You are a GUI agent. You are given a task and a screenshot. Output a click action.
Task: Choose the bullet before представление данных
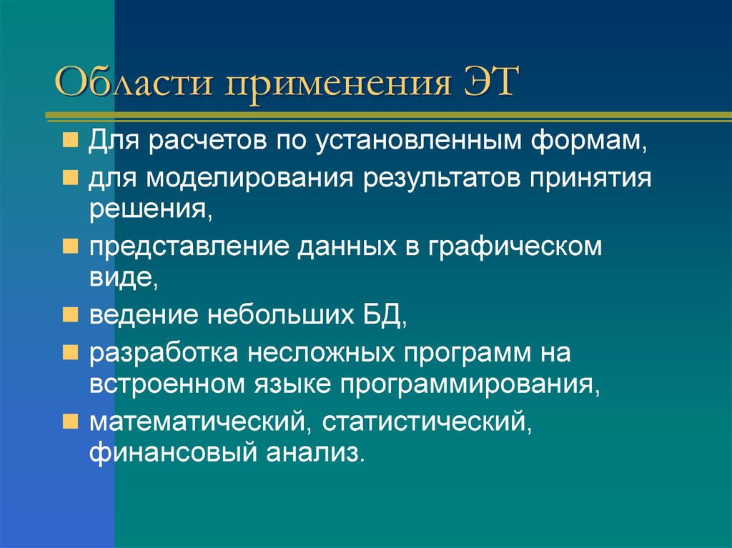tap(71, 246)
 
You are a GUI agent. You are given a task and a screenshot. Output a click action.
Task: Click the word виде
tap(123, 279)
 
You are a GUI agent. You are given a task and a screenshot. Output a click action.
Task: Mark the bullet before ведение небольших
tap(71, 315)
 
